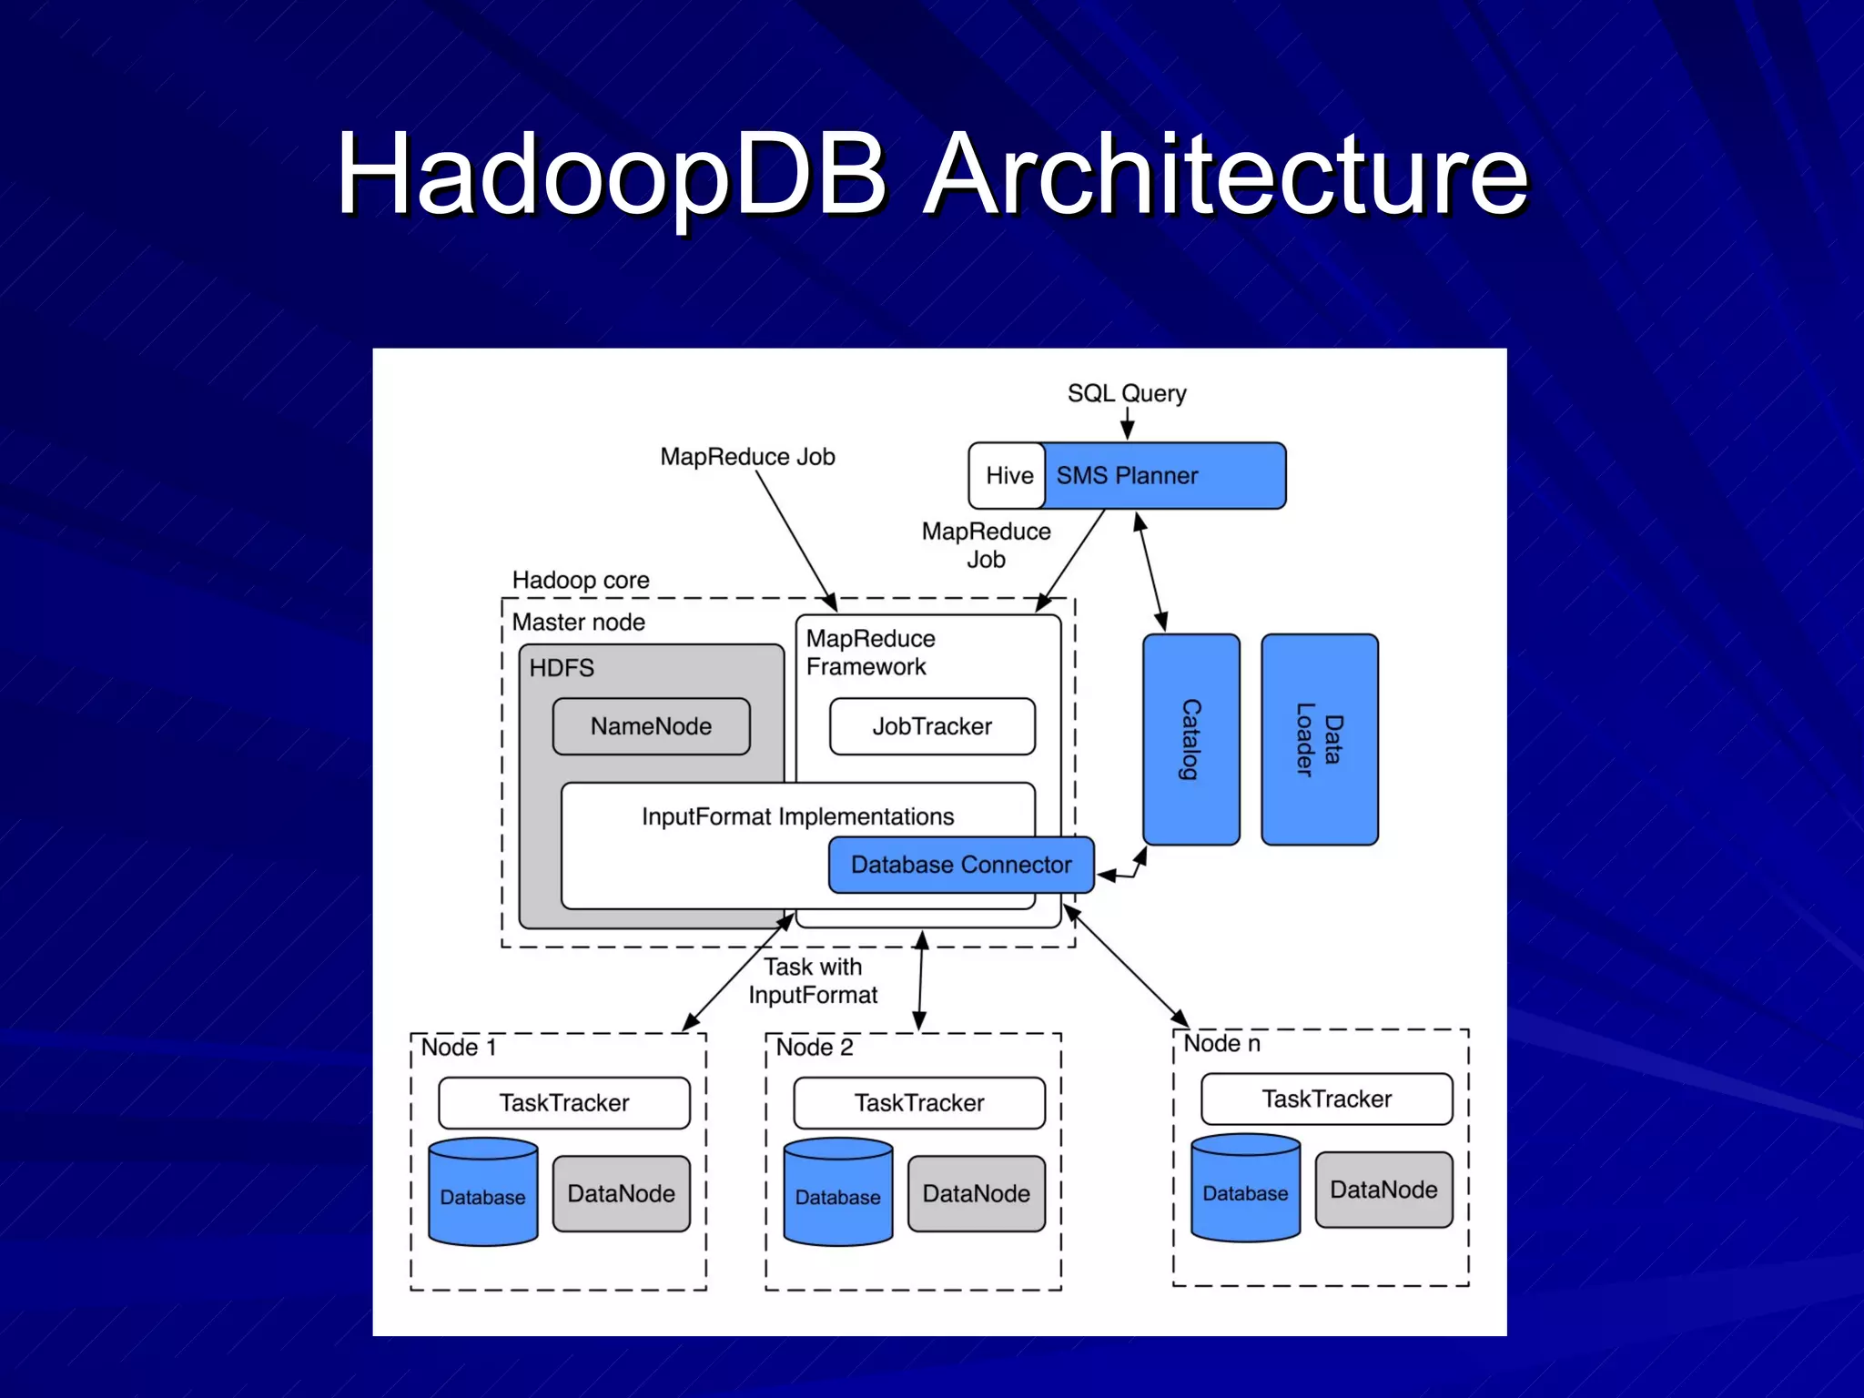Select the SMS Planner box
click(1164, 476)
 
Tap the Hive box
click(1008, 476)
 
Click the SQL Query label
click(1127, 393)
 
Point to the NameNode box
click(651, 726)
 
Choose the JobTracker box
click(932, 726)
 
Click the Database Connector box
click(961, 865)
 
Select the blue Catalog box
click(1190, 739)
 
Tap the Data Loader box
click(1320, 739)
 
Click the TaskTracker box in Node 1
click(564, 1103)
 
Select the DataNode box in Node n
click(1383, 1190)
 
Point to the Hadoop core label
click(581, 580)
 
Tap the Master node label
click(579, 623)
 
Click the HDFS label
click(562, 668)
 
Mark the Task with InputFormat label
click(813, 981)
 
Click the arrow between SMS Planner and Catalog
click(1151, 572)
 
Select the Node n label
click(1221, 1044)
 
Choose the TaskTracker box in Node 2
click(919, 1103)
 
